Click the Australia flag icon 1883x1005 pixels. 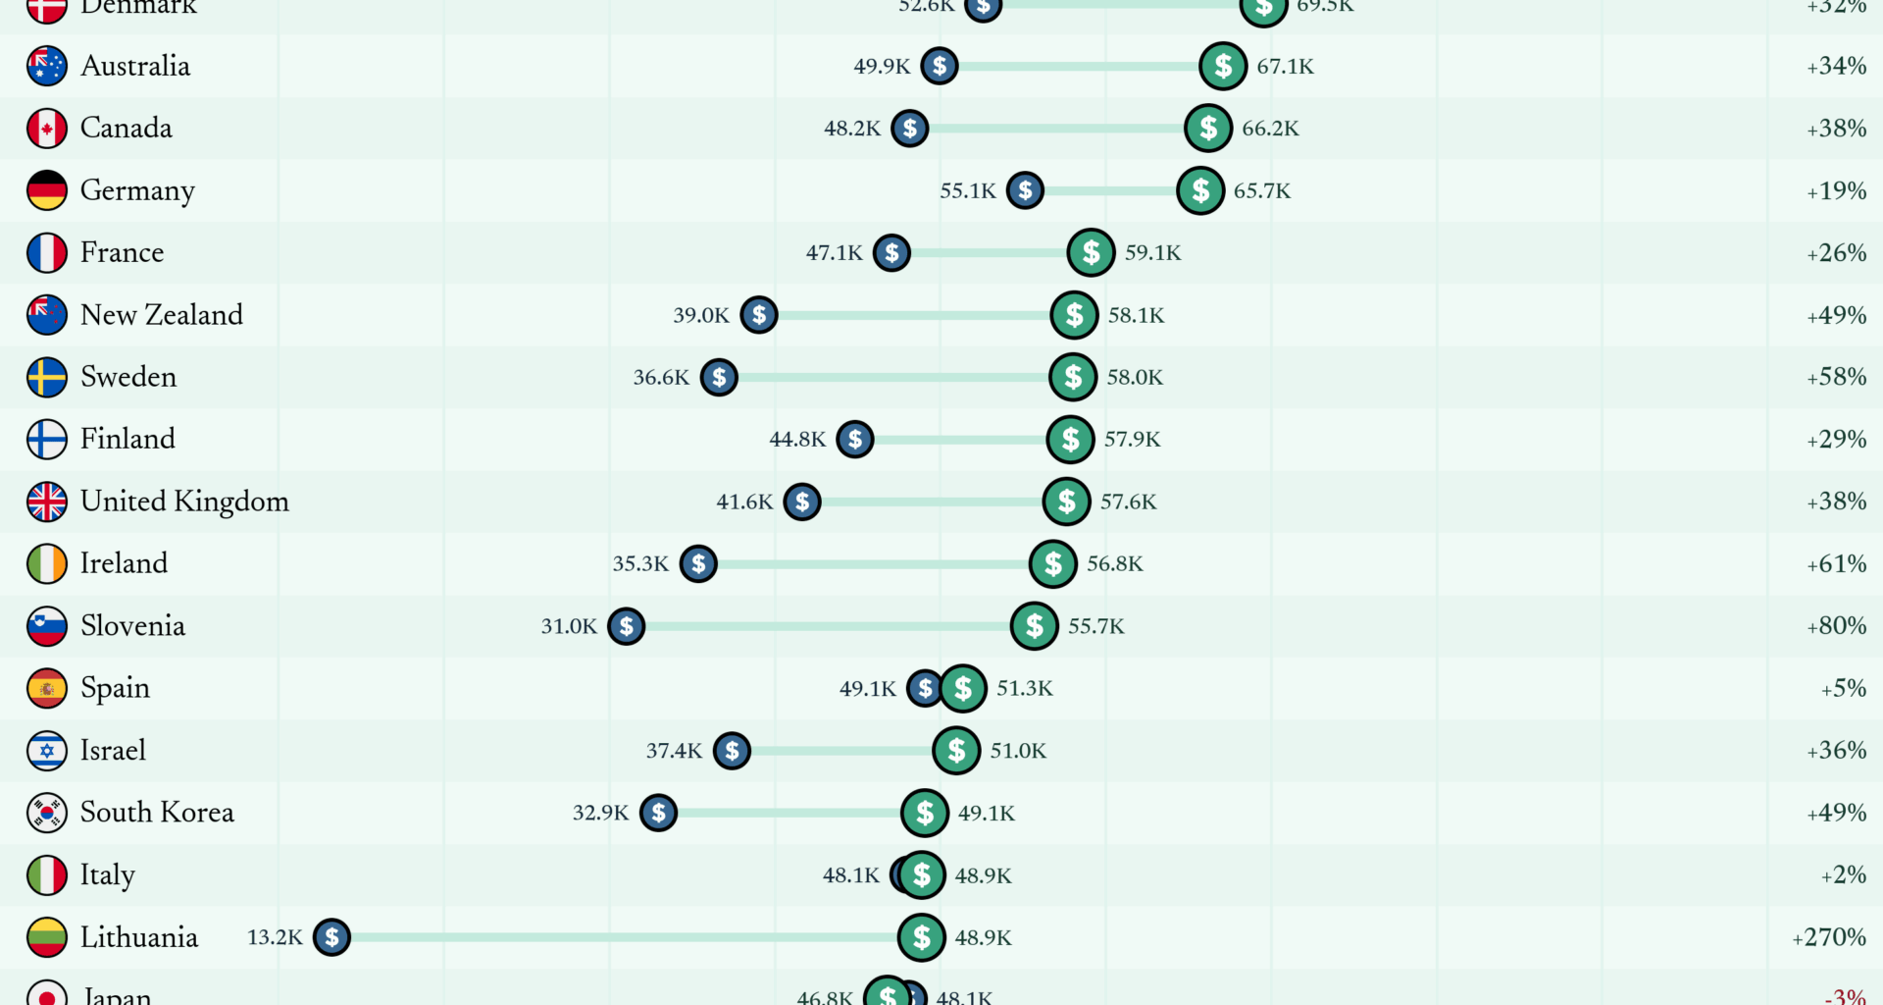[x=46, y=66]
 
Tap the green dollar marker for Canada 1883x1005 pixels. [x=1207, y=128]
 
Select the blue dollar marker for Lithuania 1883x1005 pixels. [x=331, y=937]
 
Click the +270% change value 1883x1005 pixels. [x=1828, y=937]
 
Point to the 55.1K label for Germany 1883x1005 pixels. [x=967, y=190]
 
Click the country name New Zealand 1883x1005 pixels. [x=161, y=315]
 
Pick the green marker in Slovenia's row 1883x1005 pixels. [x=1034, y=626]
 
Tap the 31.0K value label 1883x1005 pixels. [x=569, y=626]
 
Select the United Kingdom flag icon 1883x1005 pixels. [x=46, y=502]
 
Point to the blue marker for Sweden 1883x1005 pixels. [x=719, y=377]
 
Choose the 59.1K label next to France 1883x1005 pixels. [x=1152, y=252]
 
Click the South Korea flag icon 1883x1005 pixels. [x=46, y=813]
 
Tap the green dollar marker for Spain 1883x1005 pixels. [x=963, y=688]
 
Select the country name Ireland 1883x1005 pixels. [x=124, y=563]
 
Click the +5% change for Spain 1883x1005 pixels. [x=1843, y=688]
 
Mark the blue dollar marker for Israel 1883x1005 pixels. [x=732, y=751]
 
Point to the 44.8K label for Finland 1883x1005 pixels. [x=796, y=439]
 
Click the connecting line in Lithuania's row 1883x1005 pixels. [x=618, y=937]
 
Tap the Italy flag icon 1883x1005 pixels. [x=46, y=874]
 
